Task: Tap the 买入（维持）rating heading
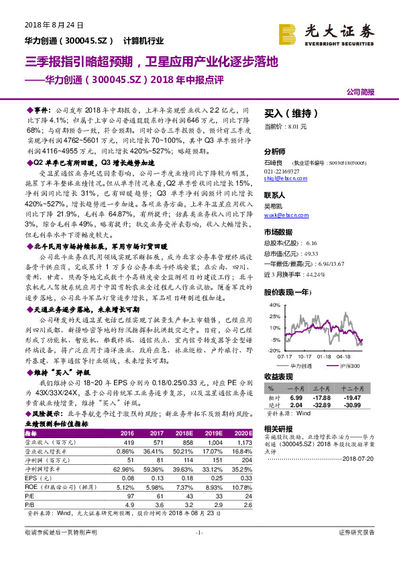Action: pyautogui.click(x=287, y=114)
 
